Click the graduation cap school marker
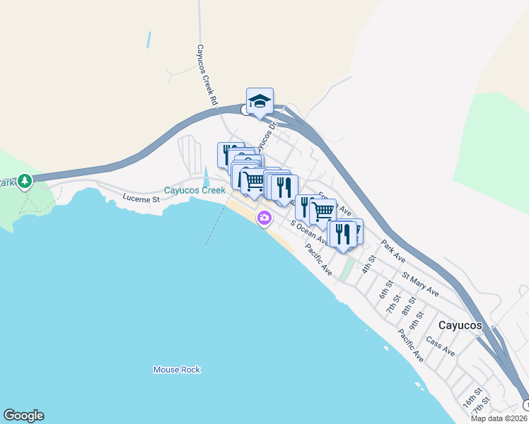coord(260,100)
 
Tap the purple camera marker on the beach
coord(264,218)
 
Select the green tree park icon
coord(25,182)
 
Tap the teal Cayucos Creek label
coord(194,190)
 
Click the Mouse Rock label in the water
coord(177,370)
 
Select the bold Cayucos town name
coord(460,326)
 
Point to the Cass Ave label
coord(441,347)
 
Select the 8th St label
coord(408,306)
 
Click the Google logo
coord(23,416)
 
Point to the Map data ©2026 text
coord(498,418)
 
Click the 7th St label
coord(396,298)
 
